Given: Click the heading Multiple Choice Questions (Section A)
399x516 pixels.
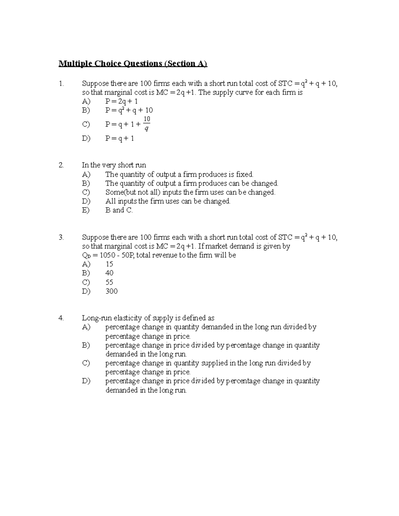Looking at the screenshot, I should point(133,63).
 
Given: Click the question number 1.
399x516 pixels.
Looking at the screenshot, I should point(61,84).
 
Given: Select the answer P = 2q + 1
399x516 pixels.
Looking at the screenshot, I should point(121,101).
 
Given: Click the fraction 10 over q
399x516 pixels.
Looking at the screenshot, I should point(147,124).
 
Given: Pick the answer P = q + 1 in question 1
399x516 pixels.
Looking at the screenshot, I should point(120,139).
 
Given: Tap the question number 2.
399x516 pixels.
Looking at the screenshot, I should point(61,165).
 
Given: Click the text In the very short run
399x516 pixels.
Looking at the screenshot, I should point(114,165).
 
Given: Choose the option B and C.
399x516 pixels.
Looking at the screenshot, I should point(119,210).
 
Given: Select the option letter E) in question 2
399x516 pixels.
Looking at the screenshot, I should point(86,210).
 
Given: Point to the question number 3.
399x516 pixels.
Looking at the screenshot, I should point(61,237).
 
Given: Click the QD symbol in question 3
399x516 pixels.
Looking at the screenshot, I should point(86,256).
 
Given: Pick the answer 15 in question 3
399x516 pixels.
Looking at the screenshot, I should point(109,264).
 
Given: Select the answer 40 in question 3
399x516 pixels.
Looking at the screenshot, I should point(109,273).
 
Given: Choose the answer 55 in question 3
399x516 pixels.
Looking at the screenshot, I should point(109,282).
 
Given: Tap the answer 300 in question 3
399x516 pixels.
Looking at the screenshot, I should point(111,291).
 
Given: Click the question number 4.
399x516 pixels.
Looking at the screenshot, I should point(61,318).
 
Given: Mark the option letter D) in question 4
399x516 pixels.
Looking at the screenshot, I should point(86,381).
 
